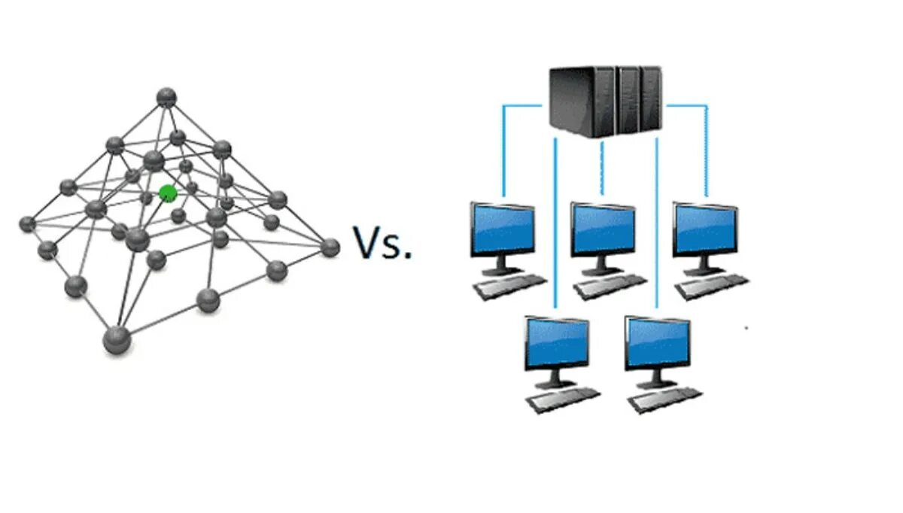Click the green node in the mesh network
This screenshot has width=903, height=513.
click(168, 193)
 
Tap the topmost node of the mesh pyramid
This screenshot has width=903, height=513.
click(166, 96)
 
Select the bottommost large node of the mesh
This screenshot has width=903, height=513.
click(117, 339)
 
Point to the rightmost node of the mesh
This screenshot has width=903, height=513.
click(330, 247)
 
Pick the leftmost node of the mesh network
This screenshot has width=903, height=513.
click(27, 223)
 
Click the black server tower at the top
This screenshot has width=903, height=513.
click(606, 101)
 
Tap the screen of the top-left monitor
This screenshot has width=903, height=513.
click(503, 229)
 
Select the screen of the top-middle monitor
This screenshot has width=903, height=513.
click(603, 229)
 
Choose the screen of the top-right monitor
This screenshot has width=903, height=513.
click(704, 229)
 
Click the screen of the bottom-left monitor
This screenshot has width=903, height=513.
click(557, 343)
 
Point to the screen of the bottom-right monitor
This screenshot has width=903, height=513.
click(658, 343)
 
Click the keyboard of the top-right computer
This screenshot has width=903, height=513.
click(711, 287)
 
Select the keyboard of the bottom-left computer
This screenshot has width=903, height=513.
click(564, 399)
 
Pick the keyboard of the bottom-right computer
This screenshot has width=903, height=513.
click(665, 399)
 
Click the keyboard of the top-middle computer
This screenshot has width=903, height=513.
click(610, 287)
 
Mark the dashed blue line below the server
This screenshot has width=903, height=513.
click(602, 169)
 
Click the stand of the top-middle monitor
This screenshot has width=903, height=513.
click(602, 266)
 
